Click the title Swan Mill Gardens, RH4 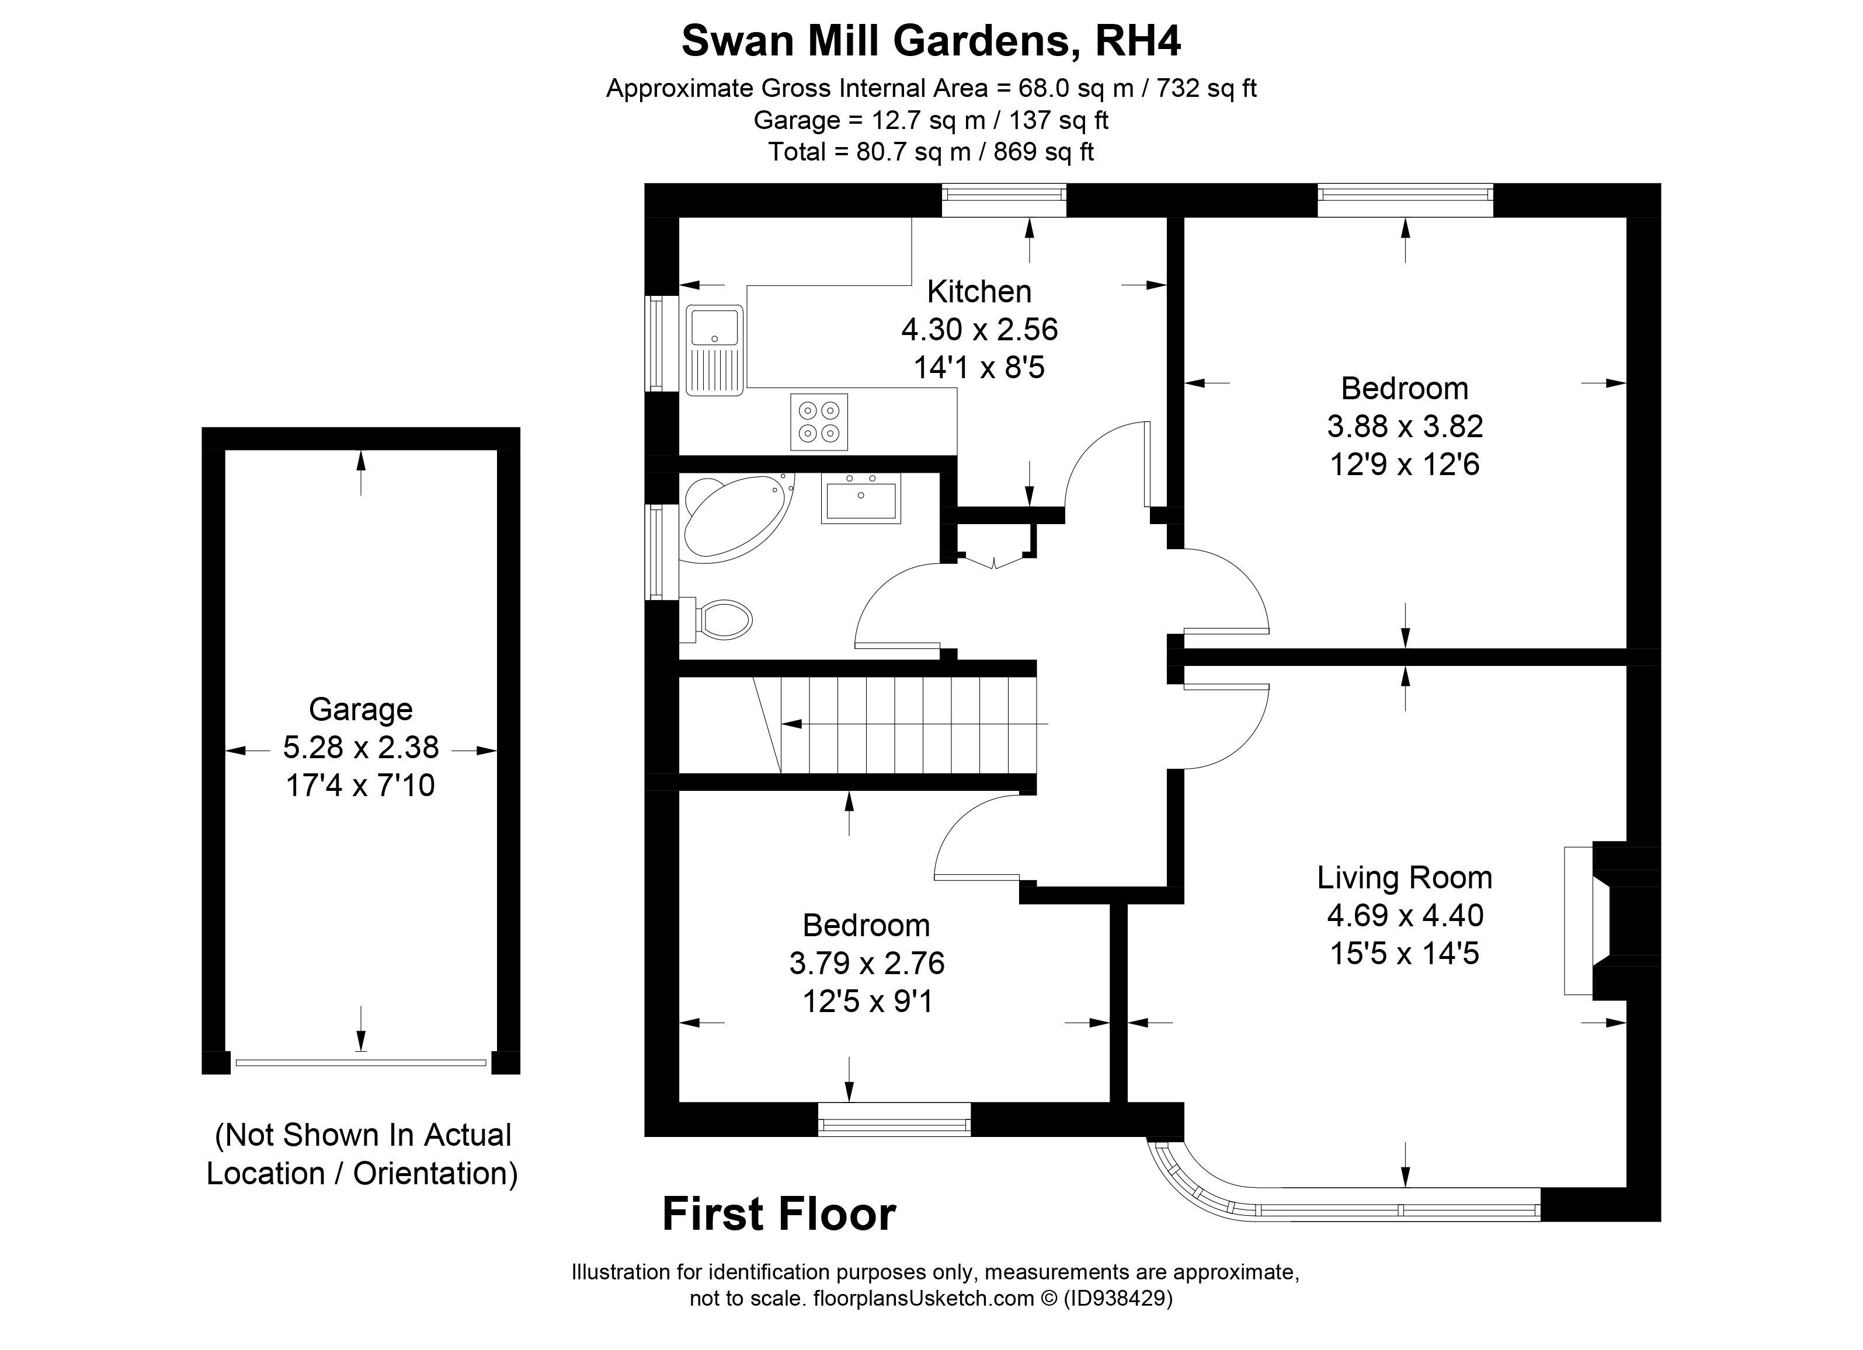tap(931, 41)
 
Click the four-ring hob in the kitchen tap(819, 422)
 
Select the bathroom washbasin tap(860, 499)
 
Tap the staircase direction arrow tap(903, 724)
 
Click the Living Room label tap(1404, 877)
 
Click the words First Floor tap(778, 1215)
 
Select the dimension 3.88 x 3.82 tap(1404, 426)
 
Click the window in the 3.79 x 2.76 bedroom tap(894, 1119)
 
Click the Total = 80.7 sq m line tap(931, 152)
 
